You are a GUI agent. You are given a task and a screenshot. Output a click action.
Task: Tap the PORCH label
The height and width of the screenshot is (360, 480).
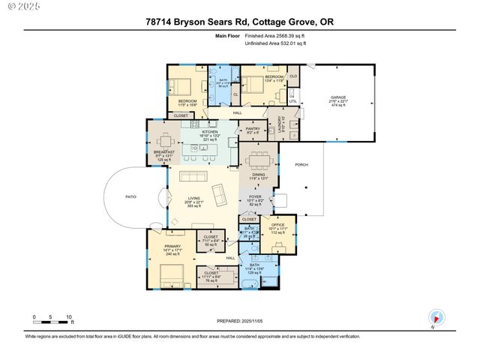pos(301,166)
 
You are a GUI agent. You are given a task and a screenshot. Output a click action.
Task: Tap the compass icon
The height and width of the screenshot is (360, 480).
pos(436,316)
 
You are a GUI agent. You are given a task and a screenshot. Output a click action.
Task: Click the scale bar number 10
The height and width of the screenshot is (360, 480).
pos(69,316)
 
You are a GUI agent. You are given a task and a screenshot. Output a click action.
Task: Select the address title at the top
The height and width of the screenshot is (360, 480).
pos(239,22)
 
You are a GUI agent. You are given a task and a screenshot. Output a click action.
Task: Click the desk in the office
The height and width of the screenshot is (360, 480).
pos(279,244)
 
